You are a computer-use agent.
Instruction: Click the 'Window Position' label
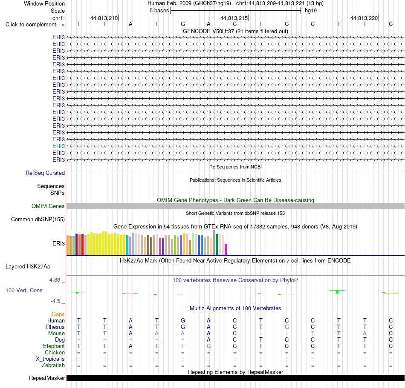pos(44,3)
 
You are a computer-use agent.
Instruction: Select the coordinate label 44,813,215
pos(234,18)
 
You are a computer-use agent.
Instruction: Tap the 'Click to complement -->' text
pos(35,25)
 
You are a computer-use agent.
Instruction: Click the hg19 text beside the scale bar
pos(311,11)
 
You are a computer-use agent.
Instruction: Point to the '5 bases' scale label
pos(159,11)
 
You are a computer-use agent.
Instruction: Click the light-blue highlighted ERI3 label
pos(59,146)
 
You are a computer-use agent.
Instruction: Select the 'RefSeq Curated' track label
pos(45,173)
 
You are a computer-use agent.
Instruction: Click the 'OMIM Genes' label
pos(48,206)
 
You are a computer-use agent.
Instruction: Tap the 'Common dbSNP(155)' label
pos(38,220)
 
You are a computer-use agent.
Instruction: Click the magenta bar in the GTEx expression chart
pos(226,250)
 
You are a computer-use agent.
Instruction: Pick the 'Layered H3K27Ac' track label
pos(28,267)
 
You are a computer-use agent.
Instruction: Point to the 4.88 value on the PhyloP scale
pos(55,280)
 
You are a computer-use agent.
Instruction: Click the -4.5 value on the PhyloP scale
pos(55,301)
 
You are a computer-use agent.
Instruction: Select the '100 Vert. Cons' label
pos(24,290)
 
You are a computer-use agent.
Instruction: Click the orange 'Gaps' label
pos(58,314)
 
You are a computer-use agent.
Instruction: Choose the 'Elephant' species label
pos(54,346)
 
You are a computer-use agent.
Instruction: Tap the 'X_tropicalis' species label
pos(50,359)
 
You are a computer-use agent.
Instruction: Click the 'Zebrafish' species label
pos(53,365)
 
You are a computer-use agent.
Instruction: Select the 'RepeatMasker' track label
pos(47,378)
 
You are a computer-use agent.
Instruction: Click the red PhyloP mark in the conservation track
pos(130,293)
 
